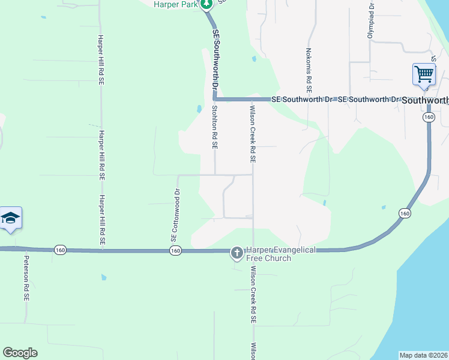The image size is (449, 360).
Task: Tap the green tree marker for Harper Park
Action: pos(206,4)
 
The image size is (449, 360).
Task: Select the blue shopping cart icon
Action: pos(424,75)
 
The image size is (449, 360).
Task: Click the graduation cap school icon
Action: pos(11,218)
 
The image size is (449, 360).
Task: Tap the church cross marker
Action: pos(237,253)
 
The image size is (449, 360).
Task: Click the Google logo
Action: pos(20,353)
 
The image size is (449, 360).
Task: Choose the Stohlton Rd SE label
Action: pos(214,127)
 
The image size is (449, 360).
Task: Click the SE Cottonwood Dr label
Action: pos(176,216)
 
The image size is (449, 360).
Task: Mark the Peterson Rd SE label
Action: pos(26,278)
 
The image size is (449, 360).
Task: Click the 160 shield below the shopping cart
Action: pos(427,118)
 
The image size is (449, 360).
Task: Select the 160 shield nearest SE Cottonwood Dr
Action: pos(175,250)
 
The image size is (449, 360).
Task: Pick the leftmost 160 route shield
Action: pos(59,250)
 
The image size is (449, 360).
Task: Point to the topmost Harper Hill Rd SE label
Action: pos(101,58)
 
